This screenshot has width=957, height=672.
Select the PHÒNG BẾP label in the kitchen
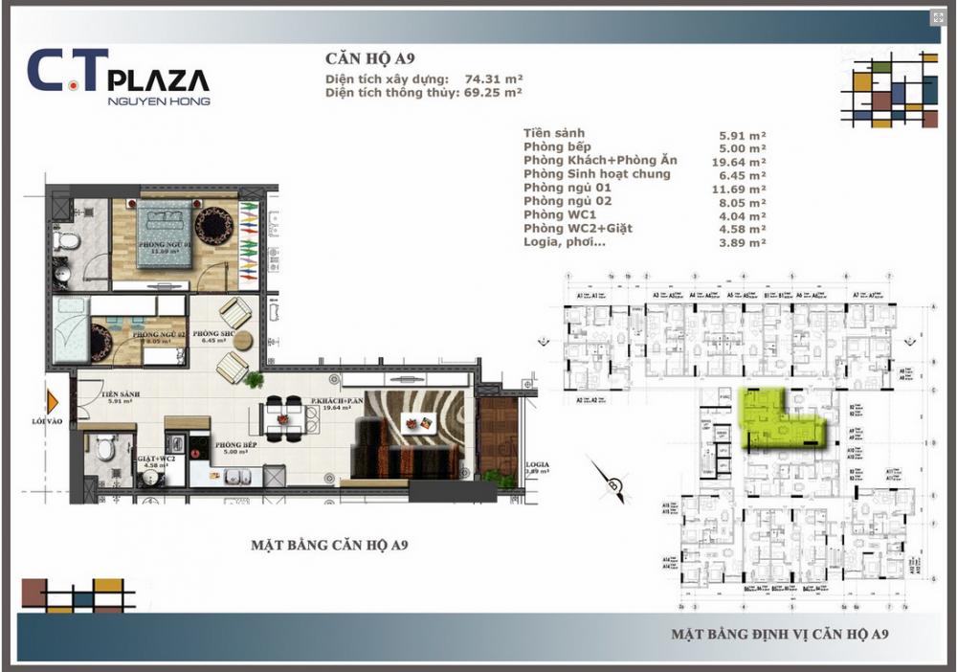click(x=234, y=445)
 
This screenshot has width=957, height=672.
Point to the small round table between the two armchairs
click(x=242, y=339)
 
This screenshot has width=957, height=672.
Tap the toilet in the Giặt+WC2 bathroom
click(x=106, y=446)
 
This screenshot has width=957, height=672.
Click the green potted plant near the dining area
click(x=254, y=380)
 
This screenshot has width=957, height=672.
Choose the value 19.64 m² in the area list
click(x=743, y=162)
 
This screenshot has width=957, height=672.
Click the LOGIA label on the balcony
click(x=535, y=464)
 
